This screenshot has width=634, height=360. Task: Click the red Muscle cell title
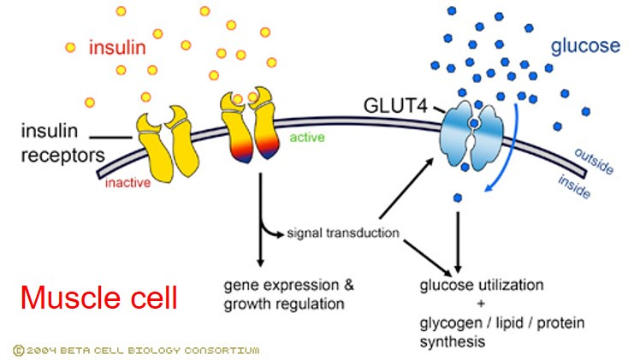coord(99,298)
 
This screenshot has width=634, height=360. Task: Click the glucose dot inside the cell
coord(459,198)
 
